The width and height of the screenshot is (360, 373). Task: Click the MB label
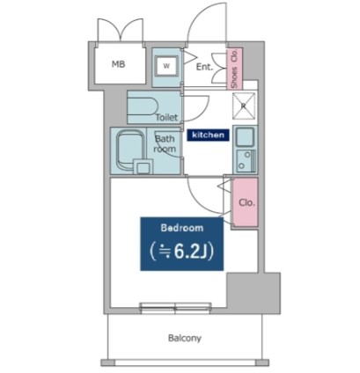(x=119, y=64)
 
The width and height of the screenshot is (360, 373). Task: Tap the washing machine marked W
(x=166, y=66)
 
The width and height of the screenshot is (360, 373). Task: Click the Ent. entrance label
(x=204, y=67)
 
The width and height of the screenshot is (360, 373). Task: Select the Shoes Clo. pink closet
(x=235, y=69)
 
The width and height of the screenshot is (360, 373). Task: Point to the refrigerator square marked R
(x=244, y=106)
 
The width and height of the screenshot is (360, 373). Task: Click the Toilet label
(x=166, y=118)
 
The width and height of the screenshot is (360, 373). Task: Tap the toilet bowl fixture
(x=143, y=106)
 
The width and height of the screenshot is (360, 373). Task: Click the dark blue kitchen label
(x=208, y=135)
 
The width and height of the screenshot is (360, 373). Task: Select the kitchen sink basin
(x=245, y=137)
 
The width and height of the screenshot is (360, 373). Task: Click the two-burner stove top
(x=246, y=161)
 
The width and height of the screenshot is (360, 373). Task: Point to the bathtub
(x=131, y=151)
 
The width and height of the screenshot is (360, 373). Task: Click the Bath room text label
(x=165, y=143)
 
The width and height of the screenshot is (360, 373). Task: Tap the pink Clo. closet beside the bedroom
(x=246, y=202)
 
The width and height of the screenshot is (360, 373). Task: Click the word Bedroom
(x=182, y=228)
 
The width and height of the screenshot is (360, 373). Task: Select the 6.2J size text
(x=182, y=252)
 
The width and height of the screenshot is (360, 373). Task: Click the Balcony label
(x=185, y=338)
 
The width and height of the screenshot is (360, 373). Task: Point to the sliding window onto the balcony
(x=175, y=308)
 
